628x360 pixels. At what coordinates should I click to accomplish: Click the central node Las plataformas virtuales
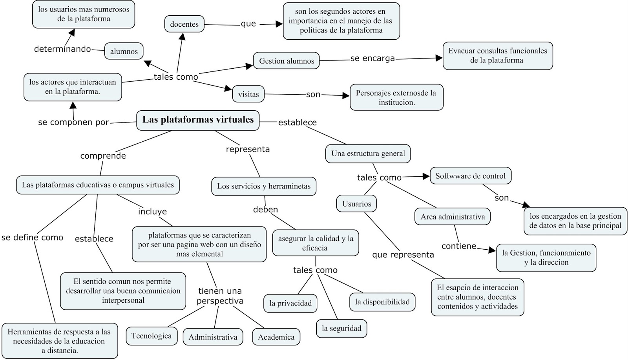coord(198,120)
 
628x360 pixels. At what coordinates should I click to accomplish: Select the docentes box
coord(184,24)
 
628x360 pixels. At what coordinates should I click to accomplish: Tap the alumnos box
coord(124,51)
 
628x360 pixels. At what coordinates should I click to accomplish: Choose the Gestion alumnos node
coord(287,61)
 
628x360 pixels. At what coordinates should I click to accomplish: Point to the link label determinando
coord(62,49)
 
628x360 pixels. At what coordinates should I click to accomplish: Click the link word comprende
coord(103,156)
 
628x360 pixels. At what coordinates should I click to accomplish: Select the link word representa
coord(248,149)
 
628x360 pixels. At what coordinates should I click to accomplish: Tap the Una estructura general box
coord(368,154)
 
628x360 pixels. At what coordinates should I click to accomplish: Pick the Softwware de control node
coord(470,176)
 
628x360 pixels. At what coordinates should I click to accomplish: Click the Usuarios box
coord(356,204)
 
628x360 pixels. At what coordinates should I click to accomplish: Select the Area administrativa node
coord(453,217)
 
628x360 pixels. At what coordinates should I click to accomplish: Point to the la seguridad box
coord(341,329)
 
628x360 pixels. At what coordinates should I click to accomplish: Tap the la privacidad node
coord(290,303)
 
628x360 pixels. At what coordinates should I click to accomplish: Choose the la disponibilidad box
coord(382,302)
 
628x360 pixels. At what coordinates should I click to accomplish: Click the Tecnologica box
coord(152,336)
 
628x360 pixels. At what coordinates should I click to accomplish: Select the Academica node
coord(276,337)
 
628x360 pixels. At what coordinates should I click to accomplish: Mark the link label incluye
coord(152,212)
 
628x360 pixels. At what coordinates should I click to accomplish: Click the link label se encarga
coord(372,58)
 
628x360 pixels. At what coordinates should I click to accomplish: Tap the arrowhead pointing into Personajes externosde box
coord(346,96)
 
